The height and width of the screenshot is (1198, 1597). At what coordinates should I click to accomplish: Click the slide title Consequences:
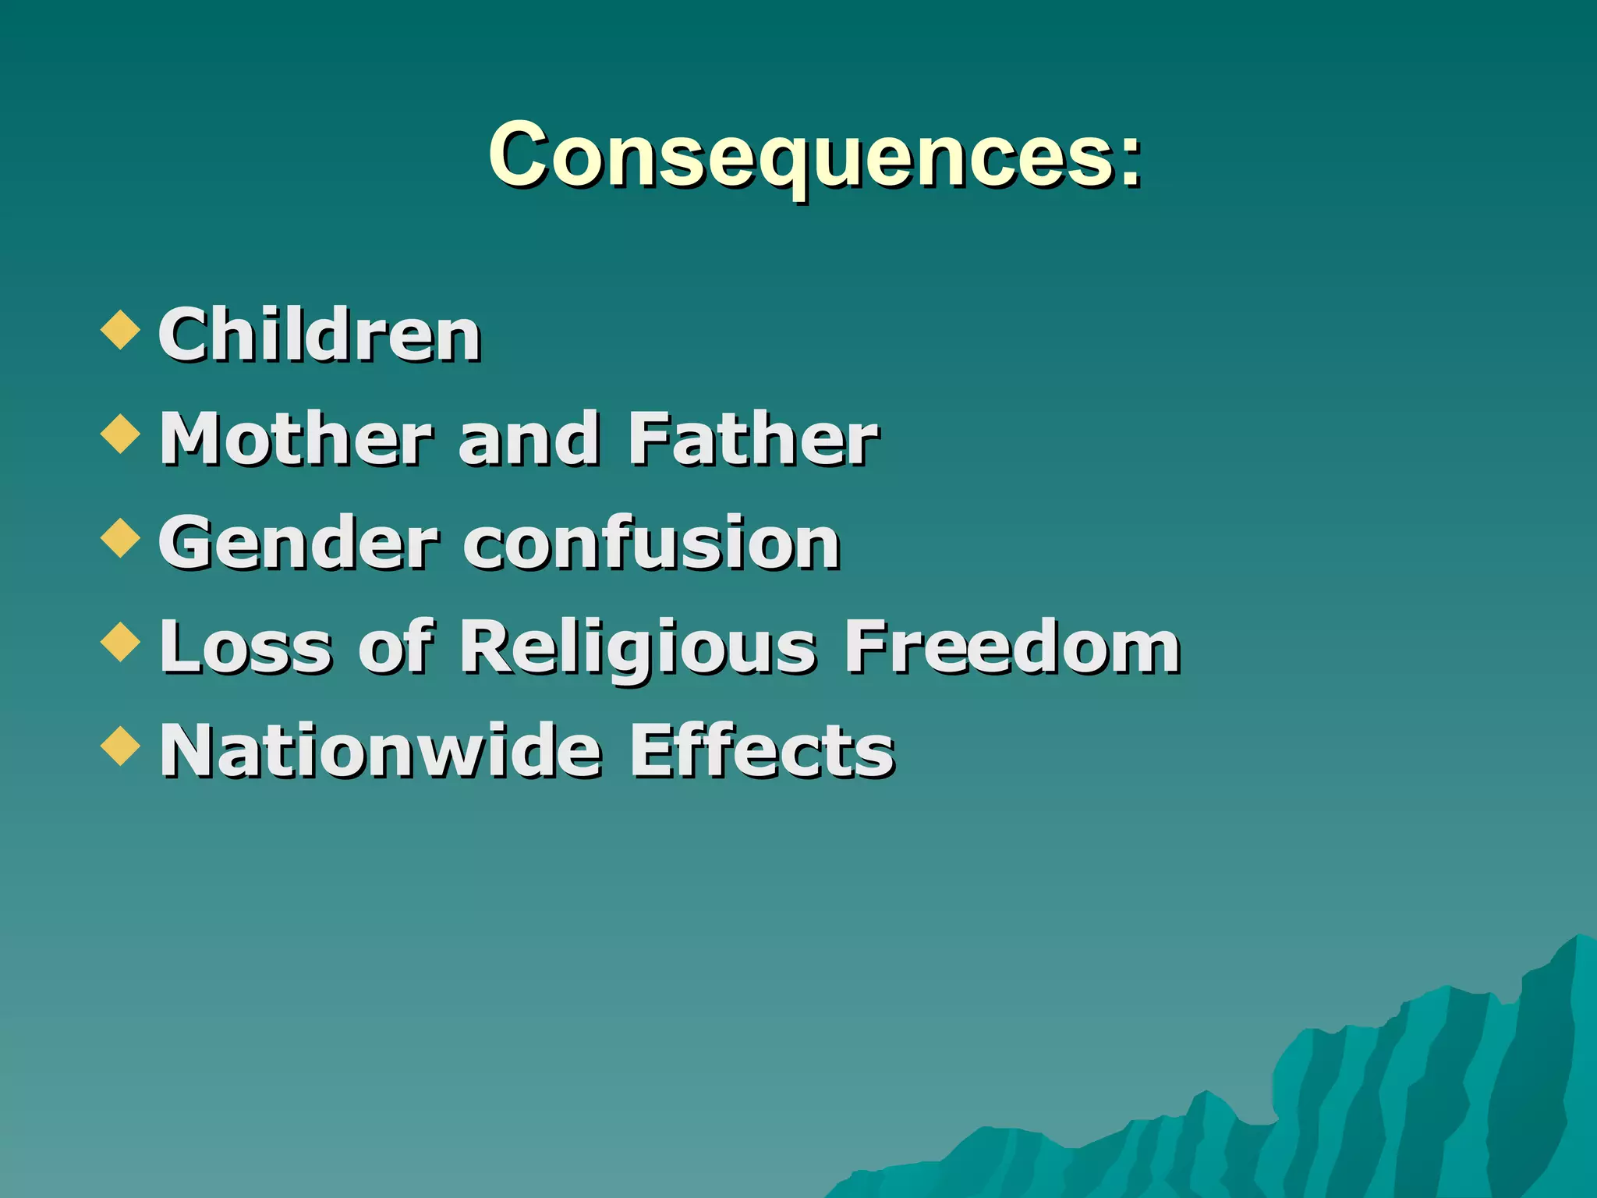815,156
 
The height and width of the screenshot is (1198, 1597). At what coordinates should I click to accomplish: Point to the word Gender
298,544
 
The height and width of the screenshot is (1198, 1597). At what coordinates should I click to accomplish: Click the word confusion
652,543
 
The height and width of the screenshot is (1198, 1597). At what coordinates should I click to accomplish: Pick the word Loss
246,647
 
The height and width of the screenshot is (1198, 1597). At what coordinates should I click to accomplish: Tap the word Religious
637,648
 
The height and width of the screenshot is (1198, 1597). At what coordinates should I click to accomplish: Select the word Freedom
1013,647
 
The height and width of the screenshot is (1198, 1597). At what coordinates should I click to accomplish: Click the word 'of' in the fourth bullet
395,647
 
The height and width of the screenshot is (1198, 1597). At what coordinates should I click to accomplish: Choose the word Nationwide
381,750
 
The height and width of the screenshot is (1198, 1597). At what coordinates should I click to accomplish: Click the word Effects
762,750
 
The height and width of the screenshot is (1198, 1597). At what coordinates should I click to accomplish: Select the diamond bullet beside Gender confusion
121,537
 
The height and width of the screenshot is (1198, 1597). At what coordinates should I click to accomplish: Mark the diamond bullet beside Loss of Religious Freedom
121,641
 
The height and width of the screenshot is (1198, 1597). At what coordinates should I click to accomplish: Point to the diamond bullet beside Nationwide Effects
121,745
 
